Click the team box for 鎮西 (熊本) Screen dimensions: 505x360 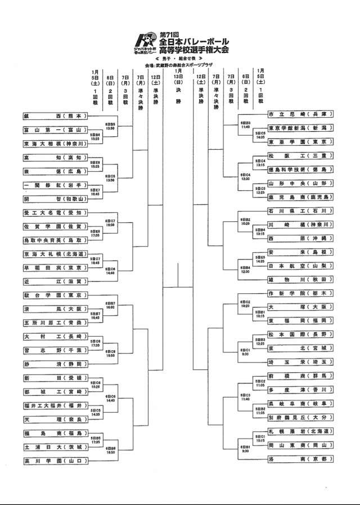click(55, 117)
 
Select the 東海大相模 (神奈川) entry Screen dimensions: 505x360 click(55, 144)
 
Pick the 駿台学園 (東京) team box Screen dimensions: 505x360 click(55, 295)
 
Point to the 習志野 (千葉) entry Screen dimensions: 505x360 click(55, 350)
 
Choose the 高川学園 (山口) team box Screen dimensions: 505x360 click(55, 461)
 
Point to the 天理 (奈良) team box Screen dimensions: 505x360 click(55, 419)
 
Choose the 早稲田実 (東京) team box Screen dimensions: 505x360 click(55, 268)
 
